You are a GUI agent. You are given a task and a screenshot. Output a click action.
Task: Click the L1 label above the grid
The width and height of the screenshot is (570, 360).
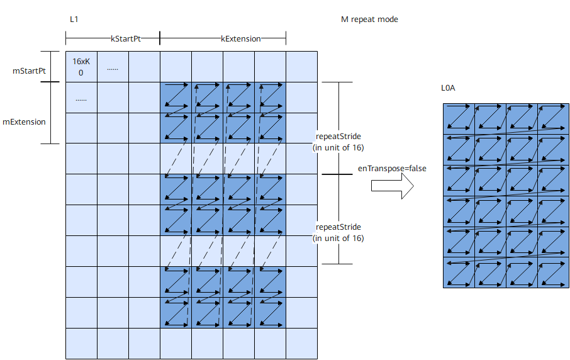tap(74, 20)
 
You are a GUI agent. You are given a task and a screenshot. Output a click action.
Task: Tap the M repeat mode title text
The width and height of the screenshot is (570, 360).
tap(369, 20)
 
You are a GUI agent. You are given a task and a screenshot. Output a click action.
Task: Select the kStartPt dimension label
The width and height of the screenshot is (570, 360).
tap(126, 38)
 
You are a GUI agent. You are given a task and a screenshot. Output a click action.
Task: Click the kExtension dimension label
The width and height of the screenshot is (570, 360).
tap(241, 38)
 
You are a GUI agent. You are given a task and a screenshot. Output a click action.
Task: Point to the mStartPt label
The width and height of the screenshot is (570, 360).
tap(29, 71)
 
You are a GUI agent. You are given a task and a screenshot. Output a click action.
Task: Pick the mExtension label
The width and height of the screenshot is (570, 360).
tap(24, 122)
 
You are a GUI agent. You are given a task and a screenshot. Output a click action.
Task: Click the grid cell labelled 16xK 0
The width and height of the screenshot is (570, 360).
tap(81, 67)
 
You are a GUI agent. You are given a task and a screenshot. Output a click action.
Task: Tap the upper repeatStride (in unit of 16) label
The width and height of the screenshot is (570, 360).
tap(338, 142)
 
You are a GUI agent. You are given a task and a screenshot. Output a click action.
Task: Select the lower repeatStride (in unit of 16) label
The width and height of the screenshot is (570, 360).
tap(338, 232)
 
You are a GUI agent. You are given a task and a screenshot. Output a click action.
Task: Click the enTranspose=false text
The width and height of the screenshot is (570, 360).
tap(392, 169)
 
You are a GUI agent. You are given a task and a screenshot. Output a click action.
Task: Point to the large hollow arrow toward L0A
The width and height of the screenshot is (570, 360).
tap(392, 186)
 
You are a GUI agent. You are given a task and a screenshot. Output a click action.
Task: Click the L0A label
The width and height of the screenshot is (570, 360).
tap(448, 88)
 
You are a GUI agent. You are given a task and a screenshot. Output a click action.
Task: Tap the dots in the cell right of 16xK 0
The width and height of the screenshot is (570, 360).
tap(113, 69)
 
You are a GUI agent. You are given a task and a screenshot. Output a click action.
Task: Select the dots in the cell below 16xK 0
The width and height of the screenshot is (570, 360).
tap(81, 99)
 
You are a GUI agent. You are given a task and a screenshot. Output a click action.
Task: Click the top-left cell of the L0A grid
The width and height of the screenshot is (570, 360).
tap(459, 119)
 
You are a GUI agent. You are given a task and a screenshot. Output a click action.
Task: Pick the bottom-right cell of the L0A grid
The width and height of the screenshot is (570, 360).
tap(554, 273)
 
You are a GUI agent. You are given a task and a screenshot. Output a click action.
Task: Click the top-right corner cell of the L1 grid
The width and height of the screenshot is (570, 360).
tap(302, 67)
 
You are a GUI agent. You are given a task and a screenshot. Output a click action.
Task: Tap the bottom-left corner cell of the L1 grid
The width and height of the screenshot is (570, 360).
tap(81, 344)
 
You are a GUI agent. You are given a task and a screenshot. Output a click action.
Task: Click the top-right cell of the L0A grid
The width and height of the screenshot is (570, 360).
tap(554, 119)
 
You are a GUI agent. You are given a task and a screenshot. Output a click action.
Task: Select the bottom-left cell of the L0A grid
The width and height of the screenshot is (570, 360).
tap(459, 273)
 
